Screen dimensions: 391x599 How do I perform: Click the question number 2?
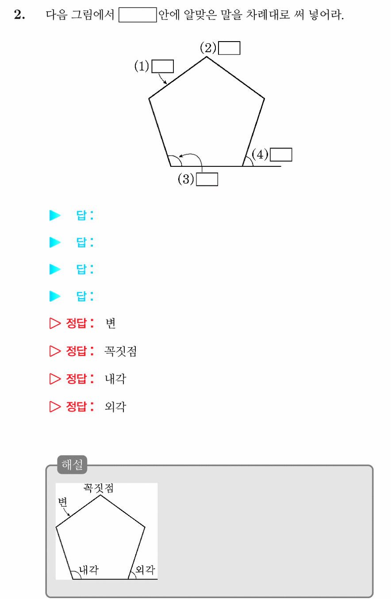19,15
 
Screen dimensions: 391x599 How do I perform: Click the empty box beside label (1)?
163,66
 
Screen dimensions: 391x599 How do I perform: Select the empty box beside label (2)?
229,48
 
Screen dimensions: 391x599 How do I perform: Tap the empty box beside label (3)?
207,179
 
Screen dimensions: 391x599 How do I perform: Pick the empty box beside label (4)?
281,154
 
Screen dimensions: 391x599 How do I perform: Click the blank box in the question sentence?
138,15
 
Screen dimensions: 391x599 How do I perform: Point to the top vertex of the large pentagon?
207,57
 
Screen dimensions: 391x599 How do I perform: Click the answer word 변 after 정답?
111,323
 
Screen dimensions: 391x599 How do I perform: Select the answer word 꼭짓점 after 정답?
120,351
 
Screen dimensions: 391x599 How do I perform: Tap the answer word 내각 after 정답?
115,379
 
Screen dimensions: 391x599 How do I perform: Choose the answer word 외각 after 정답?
115,407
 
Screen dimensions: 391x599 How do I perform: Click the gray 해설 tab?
72,465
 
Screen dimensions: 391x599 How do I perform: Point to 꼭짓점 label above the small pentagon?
99,488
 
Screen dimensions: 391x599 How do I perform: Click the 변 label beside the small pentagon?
62,502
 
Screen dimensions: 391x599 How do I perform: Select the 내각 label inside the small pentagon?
89,570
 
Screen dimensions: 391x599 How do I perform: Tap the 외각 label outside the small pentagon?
145,570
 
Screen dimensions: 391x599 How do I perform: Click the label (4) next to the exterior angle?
260,154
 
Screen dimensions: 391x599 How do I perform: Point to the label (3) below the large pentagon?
186,179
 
